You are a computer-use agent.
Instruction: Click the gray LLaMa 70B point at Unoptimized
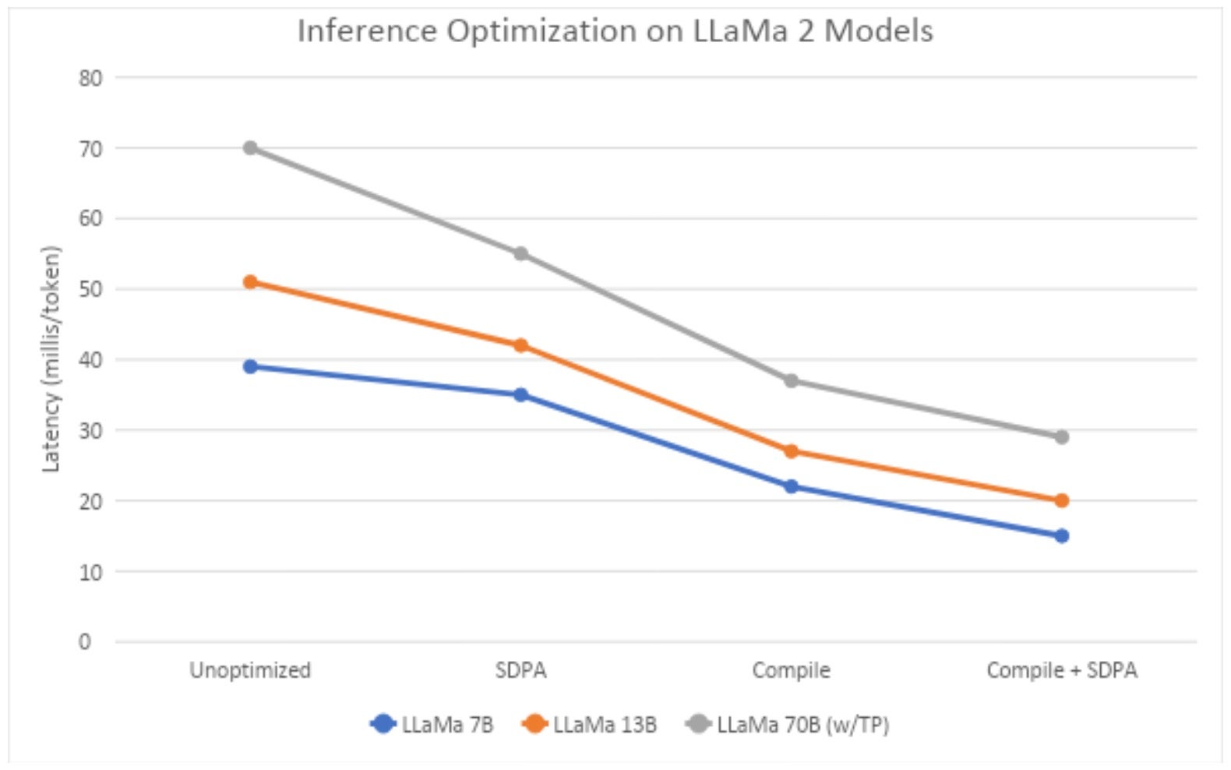coord(250,148)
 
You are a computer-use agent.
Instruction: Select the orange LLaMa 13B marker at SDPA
coord(520,345)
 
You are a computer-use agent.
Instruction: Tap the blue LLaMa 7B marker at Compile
coord(791,486)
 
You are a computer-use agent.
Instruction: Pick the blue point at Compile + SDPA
coord(1061,535)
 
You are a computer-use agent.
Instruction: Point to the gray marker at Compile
coord(791,380)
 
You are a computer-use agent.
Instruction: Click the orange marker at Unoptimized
coord(250,282)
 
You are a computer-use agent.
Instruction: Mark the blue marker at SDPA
coord(520,395)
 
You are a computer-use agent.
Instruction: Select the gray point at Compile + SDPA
coord(1061,437)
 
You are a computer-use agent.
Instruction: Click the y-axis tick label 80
coord(90,78)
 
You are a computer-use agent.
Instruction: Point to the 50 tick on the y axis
coord(90,289)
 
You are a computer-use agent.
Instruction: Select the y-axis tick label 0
coord(84,641)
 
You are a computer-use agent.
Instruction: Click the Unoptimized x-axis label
coord(250,670)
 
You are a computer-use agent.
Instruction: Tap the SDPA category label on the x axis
coord(520,670)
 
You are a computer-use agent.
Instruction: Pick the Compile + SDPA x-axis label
coord(1061,670)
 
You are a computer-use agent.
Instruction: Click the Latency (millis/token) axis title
coord(51,359)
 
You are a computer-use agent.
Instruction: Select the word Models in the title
coord(878,32)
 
